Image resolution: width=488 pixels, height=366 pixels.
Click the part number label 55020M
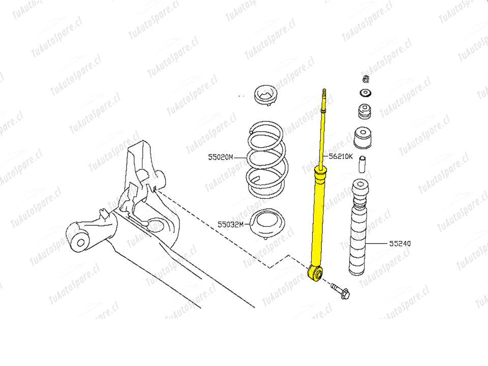coord(220,157)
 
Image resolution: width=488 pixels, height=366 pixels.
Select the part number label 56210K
coord(341,156)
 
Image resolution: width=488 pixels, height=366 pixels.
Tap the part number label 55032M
coord(230,224)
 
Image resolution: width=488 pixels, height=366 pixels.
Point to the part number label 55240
coord(400,243)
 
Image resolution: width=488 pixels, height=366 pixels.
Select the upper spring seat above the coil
coord(265,95)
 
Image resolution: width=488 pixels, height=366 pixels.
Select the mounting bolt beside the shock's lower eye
coord(340,290)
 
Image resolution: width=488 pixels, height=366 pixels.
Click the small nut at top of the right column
coord(365,79)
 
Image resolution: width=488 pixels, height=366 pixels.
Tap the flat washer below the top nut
coord(365,93)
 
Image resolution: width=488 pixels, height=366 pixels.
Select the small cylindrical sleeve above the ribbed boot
coord(362,164)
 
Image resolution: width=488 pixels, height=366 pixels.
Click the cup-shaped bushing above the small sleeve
coord(362,138)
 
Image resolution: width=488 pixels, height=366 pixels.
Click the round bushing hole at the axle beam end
coord(81,242)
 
